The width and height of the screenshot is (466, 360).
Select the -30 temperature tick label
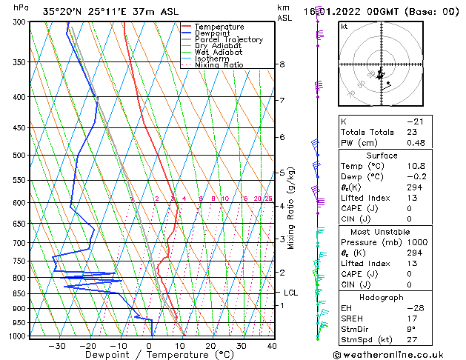[x=57, y=345]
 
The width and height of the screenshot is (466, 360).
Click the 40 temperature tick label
[x=272, y=345]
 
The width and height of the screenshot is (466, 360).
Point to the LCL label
[x=290, y=293]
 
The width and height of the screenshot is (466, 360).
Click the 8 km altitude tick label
[x=282, y=64]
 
